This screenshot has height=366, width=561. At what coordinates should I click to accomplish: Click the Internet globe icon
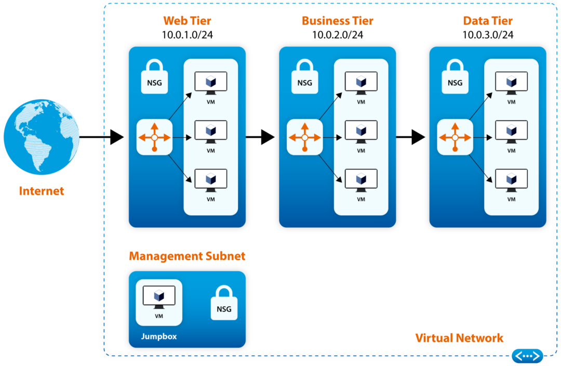pos(42,137)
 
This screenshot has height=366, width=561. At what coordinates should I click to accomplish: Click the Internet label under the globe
pos(42,191)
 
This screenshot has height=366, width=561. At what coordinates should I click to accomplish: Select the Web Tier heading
pos(187,21)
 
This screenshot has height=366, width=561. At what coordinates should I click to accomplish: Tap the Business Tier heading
pos(337,21)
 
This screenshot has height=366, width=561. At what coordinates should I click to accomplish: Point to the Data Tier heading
pos(488,21)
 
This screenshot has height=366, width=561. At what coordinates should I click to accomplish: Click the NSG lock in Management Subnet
pos(224,303)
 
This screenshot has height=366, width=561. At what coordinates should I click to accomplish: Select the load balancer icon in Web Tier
pos(154,137)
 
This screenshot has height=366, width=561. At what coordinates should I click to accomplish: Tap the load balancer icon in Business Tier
pos(305,137)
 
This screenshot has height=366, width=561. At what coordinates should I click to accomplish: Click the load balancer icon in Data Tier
pos(455,137)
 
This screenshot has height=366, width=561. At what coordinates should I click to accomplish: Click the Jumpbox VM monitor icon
pos(159,297)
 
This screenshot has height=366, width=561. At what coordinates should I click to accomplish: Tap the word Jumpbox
pos(159,336)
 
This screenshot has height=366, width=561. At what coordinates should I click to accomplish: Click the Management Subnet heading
pos(187,256)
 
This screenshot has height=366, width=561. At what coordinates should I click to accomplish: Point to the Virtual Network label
pos(459,338)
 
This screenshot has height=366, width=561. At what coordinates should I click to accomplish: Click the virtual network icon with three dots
pos(527,356)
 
